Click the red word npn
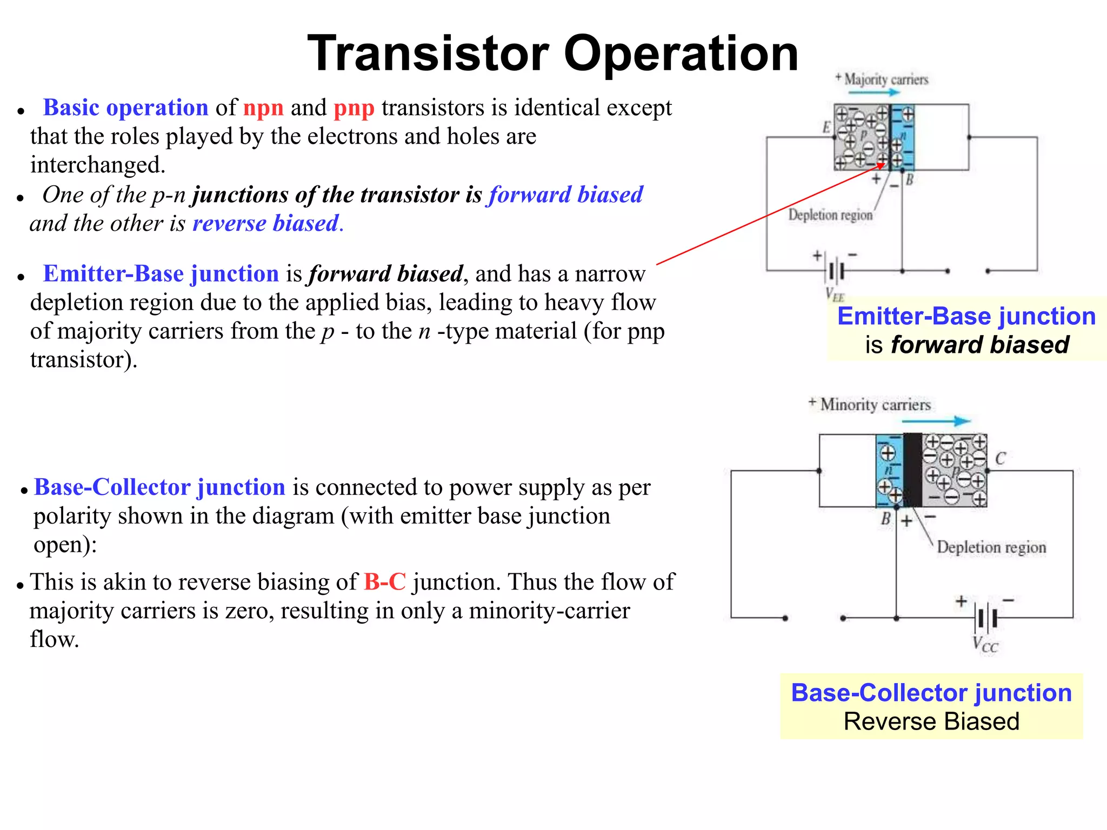pyautogui.click(x=263, y=108)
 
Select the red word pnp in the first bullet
pyautogui.click(x=354, y=108)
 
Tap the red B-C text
pyautogui.click(x=384, y=582)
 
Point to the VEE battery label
pyautogui.click(x=835, y=294)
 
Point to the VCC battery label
pyautogui.click(x=985, y=645)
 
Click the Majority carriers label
pyautogui.click(x=885, y=80)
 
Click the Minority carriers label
pyautogui.click(x=875, y=405)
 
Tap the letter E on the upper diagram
pyautogui.click(x=826, y=128)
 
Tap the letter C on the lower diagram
pyautogui.click(x=1001, y=459)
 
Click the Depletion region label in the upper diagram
pyautogui.click(x=830, y=215)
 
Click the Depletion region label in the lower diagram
pyautogui.click(x=991, y=547)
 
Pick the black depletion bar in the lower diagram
pyautogui.click(x=912, y=470)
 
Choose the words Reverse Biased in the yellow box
pyautogui.click(x=931, y=721)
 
